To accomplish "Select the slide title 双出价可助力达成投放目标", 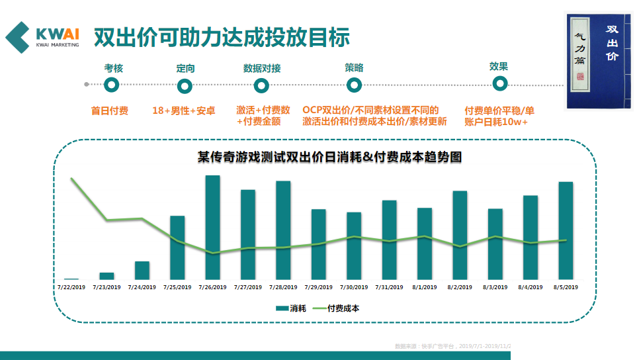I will click(221, 37).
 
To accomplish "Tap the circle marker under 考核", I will click(112, 85).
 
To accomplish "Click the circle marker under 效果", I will click(499, 83).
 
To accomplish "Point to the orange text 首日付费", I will click(110, 111).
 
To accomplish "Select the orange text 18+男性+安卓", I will click(184, 111).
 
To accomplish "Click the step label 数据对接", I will click(262, 68).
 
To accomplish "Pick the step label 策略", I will click(354, 67).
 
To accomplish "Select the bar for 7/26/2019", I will click(212, 227).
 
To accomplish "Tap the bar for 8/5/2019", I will click(566, 230).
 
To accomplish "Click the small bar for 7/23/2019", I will click(106, 275).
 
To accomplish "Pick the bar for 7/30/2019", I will click(354, 246).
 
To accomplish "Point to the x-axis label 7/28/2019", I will click(283, 287).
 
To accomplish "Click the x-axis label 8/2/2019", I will click(460, 287).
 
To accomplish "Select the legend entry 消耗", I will click(291, 308).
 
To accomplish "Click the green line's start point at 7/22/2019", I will click(71, 179).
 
